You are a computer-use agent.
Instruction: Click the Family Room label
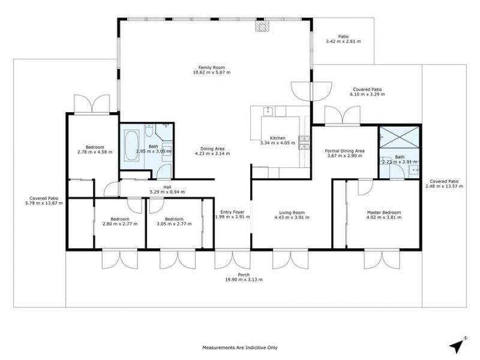click(212, 67)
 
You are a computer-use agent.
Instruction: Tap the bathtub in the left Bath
click(131, 145)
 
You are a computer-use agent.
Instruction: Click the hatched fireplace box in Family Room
click(262, 26)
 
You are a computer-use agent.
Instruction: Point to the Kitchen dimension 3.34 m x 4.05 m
click(278, 143)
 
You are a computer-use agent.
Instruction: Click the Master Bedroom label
click(384, 212)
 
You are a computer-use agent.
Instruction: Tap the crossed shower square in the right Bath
click(399, 137)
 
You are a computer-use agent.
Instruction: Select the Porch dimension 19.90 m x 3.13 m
click(244, 280)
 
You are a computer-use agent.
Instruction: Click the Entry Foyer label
click(232, 212)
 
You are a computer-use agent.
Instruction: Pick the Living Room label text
click(292, 212)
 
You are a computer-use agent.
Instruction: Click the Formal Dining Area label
click(344, 151)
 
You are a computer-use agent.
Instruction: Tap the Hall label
click(167, 187)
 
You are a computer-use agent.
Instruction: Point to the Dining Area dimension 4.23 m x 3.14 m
click(212, 154)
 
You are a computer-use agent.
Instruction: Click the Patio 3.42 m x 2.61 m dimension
click(343, 41)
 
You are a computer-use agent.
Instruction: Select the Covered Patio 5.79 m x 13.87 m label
click(44, 200)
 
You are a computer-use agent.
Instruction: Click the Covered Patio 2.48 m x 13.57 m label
click(444, 184)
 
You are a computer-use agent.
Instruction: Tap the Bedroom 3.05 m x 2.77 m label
click(174, 221)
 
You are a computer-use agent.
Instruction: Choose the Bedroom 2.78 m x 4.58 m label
click(95, 149)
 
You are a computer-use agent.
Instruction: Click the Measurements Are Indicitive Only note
click(240, 347)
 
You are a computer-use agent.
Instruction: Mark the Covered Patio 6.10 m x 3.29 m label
click(367, 92)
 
